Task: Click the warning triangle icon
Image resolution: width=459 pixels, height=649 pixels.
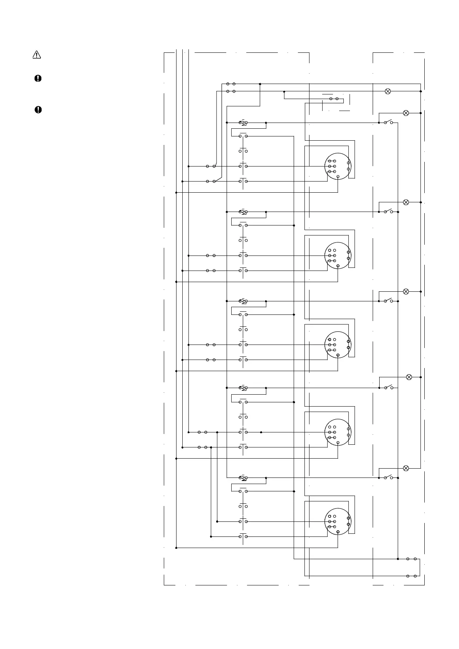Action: click(x=36, y=55)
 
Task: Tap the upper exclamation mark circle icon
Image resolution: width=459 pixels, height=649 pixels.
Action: click(x=38, y=78)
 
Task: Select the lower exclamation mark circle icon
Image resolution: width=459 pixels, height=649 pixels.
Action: click(x=38, y=110)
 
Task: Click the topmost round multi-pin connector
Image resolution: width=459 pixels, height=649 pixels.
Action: click(x=338, y=166)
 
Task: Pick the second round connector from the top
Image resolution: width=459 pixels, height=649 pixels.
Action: click(x=338, y=256)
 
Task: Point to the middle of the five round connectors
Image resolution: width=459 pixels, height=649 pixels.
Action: click(x=338, y=345)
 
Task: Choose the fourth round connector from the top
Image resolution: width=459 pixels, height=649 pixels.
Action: click(x=338, y=432)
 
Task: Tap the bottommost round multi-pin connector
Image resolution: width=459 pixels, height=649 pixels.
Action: click(x=338, y=521)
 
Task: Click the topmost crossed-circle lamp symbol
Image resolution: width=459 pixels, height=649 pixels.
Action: click(x=388, y=91)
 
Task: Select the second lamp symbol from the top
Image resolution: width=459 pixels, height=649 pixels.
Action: click(x=406, y=113)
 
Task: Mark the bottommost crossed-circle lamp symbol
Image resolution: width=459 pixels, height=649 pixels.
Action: click(x=406, y=468)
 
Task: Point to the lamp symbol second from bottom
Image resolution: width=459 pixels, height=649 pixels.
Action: click(x=409, y=377)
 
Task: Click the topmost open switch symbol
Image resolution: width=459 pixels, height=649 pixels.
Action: click(x=388, y=122)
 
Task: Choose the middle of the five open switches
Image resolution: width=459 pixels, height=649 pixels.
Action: click(x=388, y=301)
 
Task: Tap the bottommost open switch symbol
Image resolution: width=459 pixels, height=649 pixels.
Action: click(x=388, y=477)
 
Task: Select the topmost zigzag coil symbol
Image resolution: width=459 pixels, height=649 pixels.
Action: click(x=243, y=123)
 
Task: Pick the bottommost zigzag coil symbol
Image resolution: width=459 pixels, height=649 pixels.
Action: click(x=243, y=478)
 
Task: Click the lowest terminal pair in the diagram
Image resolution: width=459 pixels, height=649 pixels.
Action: click(x=412, y=576)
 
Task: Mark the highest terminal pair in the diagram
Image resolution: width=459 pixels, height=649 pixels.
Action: click(x=231, y=84)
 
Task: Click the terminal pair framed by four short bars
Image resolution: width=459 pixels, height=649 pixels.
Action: click(x=334, y=99)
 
